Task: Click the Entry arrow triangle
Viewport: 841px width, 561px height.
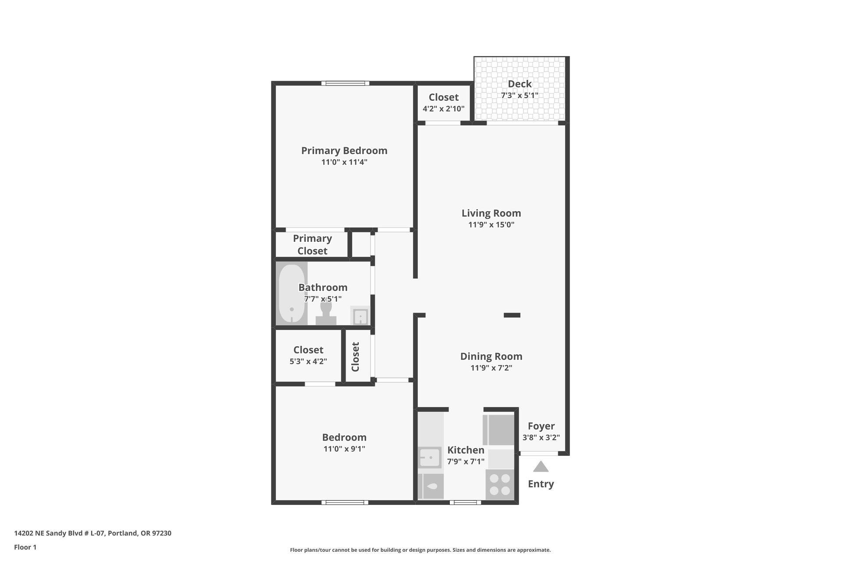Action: pyautogui.click(x=541, y=466)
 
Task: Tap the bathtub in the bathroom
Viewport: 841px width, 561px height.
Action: pyautogui.click(x=292, y=293)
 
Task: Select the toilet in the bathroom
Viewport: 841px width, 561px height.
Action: pyautogui.click(x=326, y=314)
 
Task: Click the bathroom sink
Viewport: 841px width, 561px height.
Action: pyautogui.click(x=360, y=316)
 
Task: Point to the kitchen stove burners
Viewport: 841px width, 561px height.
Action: pyautogui.click(x=500, y=484)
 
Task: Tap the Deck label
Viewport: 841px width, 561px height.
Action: pyautogui.click(x=519, y=84)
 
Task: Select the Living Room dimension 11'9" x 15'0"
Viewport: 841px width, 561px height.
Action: pyautogui.click(x=491, y=225)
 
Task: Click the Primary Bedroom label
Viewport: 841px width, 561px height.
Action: pyautogui.click(x=344, y=151)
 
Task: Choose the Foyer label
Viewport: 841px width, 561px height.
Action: pyautogui.click(x=541, y=426)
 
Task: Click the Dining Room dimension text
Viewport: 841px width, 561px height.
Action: pyautogui.click(x=491, y=368)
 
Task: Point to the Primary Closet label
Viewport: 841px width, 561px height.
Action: pyautogui.click(x=312, y=245)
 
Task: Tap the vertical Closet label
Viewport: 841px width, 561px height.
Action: pyautogui.click(x=355, y=357)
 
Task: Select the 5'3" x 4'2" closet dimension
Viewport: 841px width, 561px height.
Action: pyautogui.click(x=308, y=362)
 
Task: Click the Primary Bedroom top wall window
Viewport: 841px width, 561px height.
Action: pyautogui.click(x=345, y=83)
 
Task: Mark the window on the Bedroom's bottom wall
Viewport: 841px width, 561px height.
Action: pyautogui.click(x=345, y=502)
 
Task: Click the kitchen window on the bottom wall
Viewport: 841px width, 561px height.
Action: pyautogui.click(x=465, y=502)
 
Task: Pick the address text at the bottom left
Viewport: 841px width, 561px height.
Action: pyautogui.click(x=92, y=533)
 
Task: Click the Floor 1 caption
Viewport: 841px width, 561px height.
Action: pyautogui.click(x=25, y=547)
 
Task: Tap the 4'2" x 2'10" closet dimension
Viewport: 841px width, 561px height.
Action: pyautogui.click(x=443, y=109)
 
